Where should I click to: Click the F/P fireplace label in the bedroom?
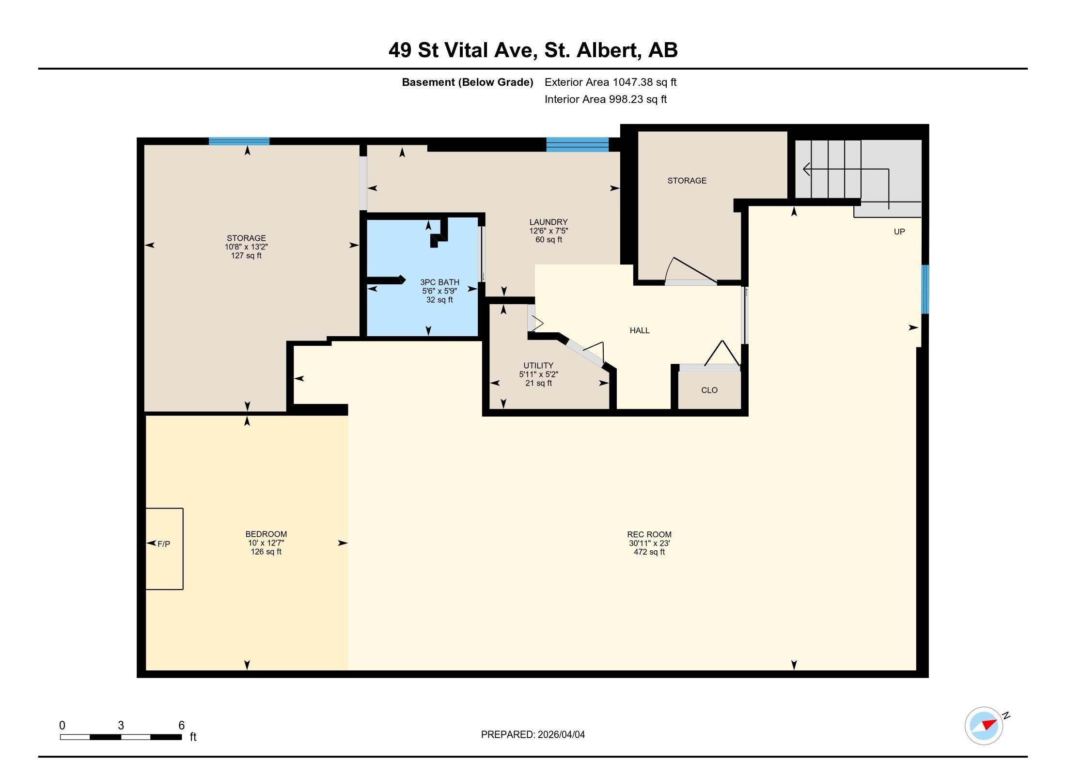(x=164, y=544)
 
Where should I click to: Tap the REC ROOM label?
(x=649, y=535)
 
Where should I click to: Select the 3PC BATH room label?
(x=439, y=282)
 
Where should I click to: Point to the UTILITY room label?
(x=538, y=366)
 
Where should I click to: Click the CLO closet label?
(x=709, y=390)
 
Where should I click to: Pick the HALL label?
(x=640, y=330)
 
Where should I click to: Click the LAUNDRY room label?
(x=549, y=222)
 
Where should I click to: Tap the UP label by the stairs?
(x=899, y=232)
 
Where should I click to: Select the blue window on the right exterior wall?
(x=925, y=289)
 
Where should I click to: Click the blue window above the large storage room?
(x=239, y=141)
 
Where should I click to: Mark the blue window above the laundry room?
(x=578, y=144)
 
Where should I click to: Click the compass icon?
(x=984, y=726)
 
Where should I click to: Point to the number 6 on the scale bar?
(x=182, y=725)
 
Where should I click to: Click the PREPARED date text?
(x=533, y=735)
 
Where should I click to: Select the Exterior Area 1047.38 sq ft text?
(x=611, y=82)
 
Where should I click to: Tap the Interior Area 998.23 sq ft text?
(x=606, y=99)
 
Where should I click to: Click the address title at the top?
(x=533, y=50)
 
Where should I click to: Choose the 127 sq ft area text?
(x=246, y=256)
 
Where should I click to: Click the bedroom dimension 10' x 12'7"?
(x=266, y=543)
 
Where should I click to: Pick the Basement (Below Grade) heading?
(x=468, y=82)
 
